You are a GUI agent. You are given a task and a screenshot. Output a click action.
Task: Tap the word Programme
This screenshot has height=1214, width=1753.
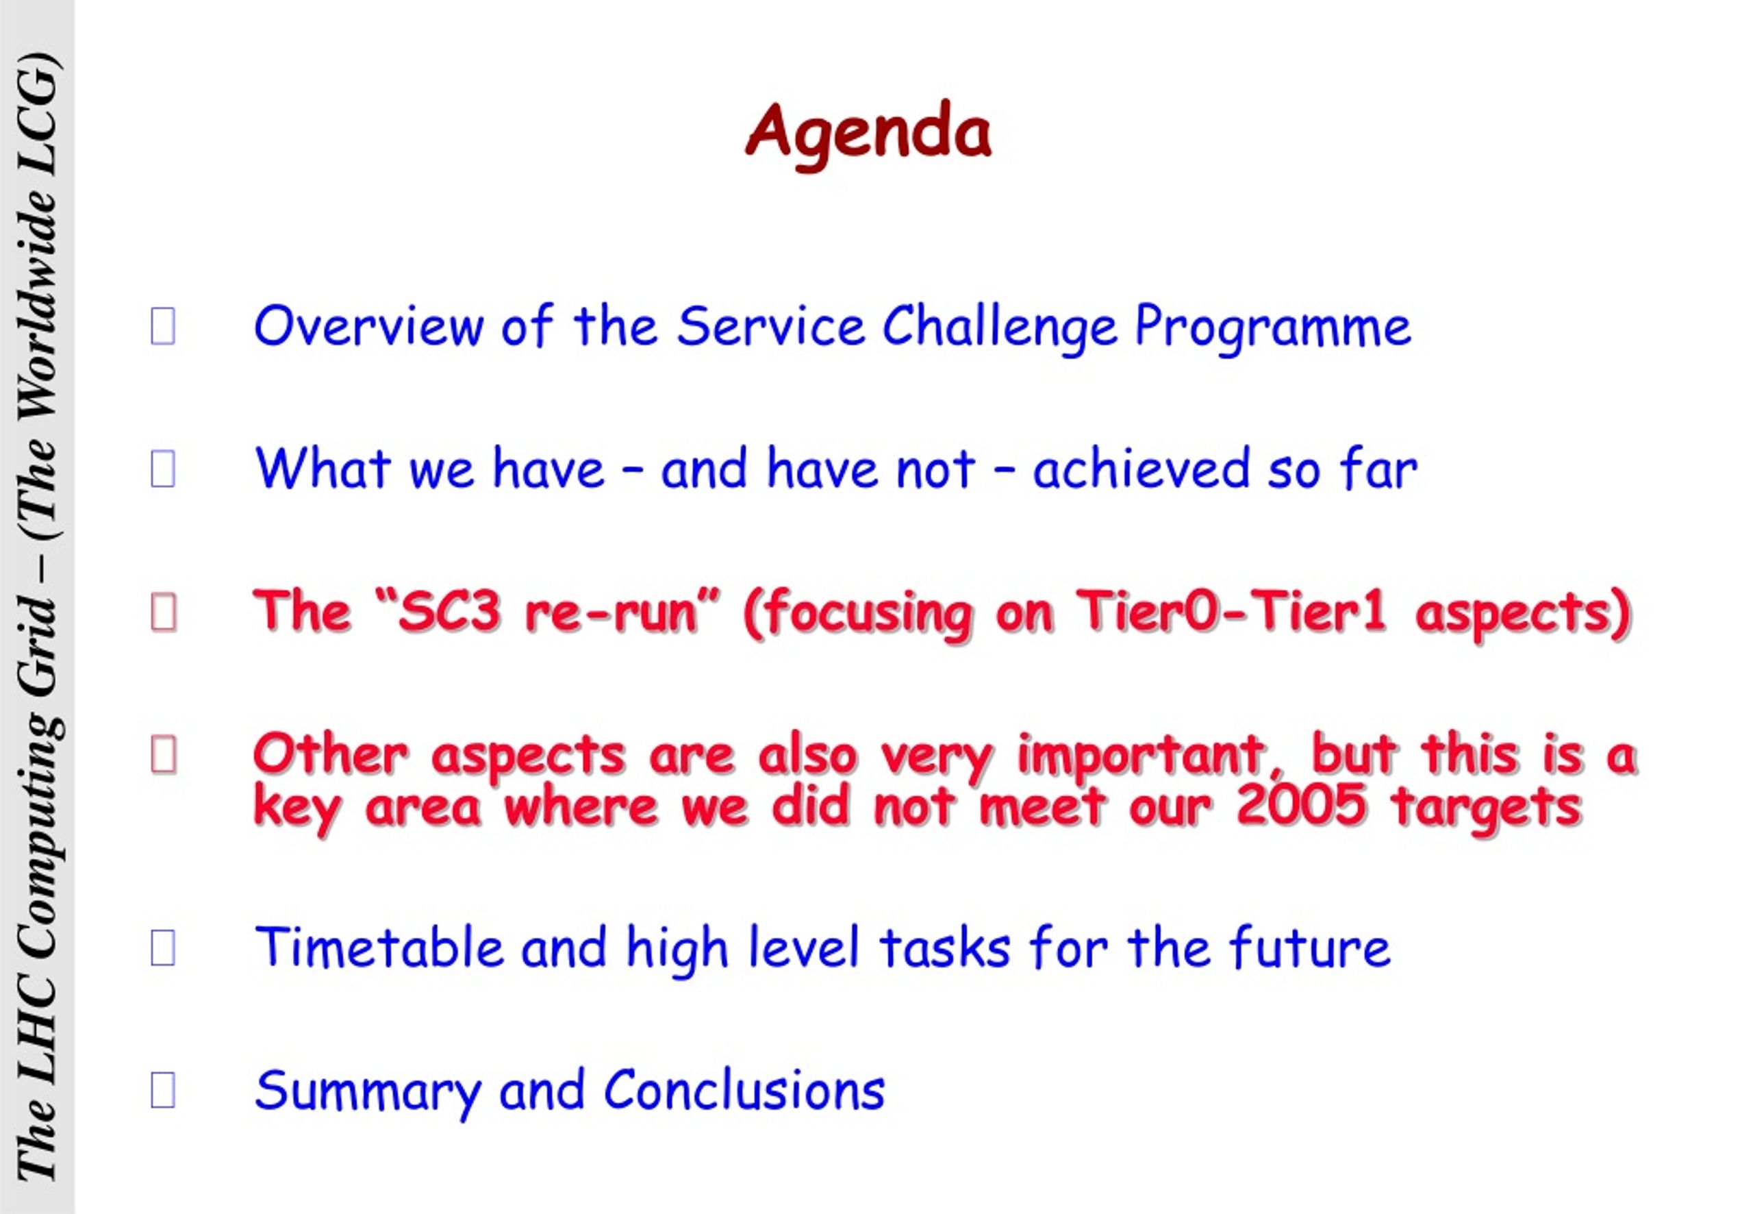1272,328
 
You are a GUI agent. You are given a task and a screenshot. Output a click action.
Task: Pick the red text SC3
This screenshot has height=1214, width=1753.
450,612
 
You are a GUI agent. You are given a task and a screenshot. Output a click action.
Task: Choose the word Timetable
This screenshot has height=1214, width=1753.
379,947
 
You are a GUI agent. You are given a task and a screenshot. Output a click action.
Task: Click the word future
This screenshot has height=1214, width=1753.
1310,947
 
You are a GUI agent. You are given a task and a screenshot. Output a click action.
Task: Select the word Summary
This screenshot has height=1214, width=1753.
368,1091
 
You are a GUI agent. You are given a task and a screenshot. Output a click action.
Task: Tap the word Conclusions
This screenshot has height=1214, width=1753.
744,1089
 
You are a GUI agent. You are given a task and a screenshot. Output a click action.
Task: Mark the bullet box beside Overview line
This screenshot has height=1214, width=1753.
163,325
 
